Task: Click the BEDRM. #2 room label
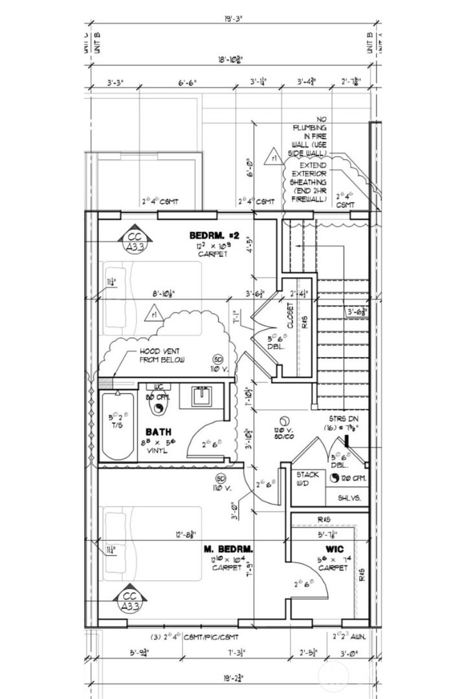point(214,236)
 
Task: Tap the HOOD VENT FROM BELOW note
point(162,355)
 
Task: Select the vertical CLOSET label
point(290,315)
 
